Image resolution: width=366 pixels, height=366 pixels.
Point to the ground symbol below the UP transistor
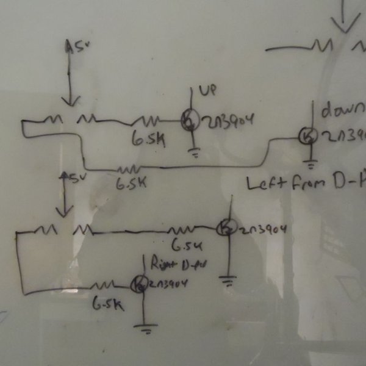pos(196,152)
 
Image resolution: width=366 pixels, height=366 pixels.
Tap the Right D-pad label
pos(173,265)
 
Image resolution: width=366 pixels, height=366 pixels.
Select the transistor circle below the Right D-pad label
pos(140,284)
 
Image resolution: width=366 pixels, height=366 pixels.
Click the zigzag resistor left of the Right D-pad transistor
pos(104,285)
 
